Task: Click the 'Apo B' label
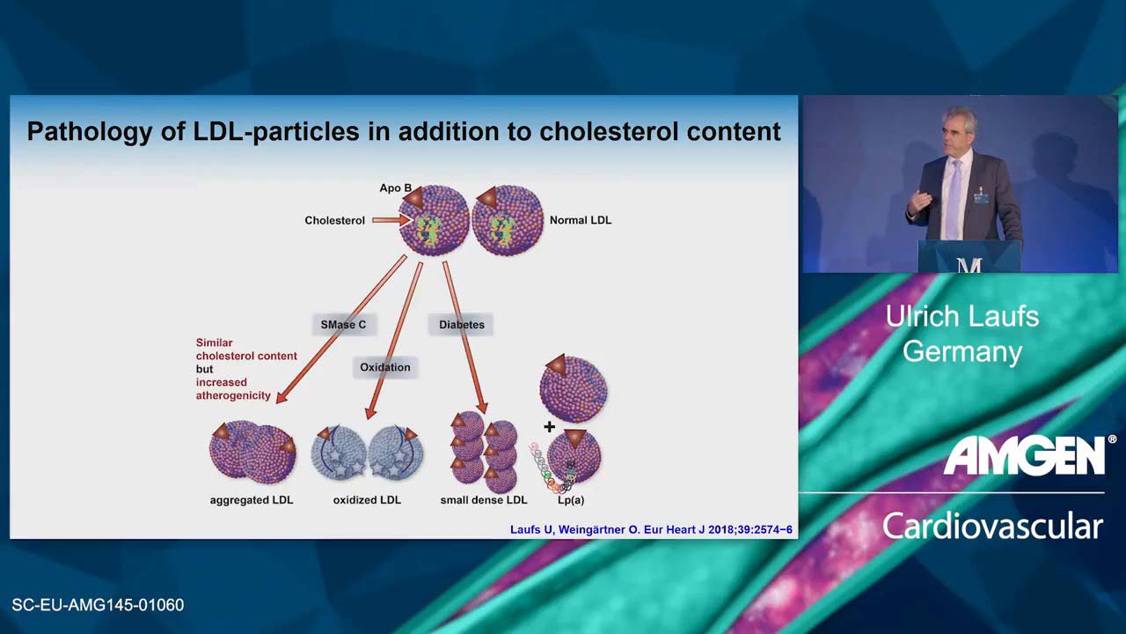[395, 188]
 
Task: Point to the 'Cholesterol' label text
[335, 220]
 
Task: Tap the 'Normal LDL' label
[581, 220]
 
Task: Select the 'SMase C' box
[343, 325]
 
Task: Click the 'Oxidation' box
[385, 367]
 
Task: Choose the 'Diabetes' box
[462, 325]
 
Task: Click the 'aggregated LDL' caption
[252, 501]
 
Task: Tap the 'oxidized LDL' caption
[367, 500]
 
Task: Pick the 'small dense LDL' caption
[484, 500]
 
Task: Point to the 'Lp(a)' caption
[571, 501]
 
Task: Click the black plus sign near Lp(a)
[550, 427]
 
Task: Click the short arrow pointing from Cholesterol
[391, 220]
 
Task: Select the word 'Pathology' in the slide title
[89, 132]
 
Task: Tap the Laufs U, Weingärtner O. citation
[651, 529]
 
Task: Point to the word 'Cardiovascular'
[993, 527]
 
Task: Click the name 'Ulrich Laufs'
[962, 316]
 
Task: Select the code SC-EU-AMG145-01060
[98, 605]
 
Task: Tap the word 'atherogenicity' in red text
[233, 396]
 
